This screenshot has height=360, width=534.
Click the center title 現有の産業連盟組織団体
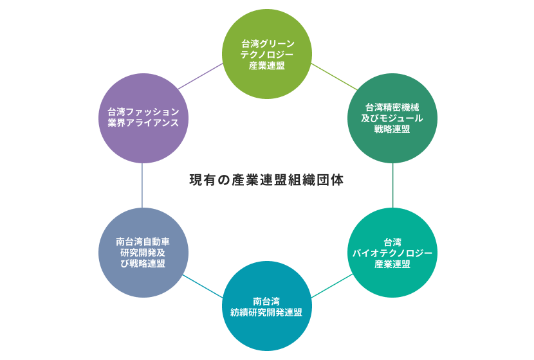pyautogui.click(x=266, y=180)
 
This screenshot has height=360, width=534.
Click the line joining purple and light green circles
pyautogui.click(x=201, y=76)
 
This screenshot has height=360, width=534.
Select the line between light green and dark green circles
pyautogui.click(x=333, y=76)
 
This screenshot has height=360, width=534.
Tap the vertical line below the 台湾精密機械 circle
pyautogui.click(x=392, y=185)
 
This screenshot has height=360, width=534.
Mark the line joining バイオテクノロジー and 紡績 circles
pyautogui.click(x=332, y=285)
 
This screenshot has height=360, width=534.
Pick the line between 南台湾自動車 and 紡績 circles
pyautogui.click(x=202, y=286)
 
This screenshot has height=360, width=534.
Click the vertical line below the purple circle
pyautogui.click(x=142, y=185)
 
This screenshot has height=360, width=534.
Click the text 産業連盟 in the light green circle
pyautogui.click(x=267, y=66)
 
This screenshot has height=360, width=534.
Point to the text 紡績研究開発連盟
pyautogui.click(x=267, y=312)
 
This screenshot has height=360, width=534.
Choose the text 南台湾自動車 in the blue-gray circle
pyautogui.click(x=143, y=242)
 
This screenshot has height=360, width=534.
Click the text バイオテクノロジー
pyautogui.click(x=392, y=253)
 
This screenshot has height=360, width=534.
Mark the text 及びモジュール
pyautogui.click(x=392, y=118)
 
